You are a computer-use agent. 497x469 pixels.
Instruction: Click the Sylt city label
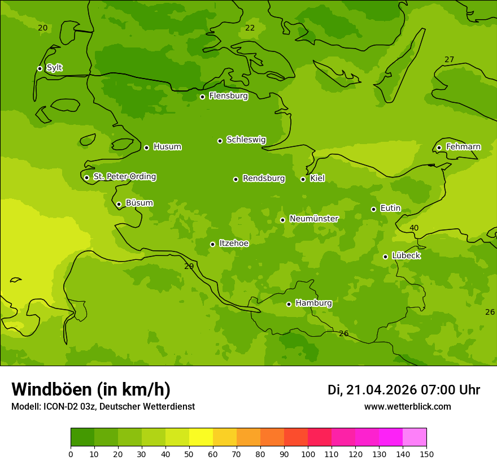(x=54, y=68)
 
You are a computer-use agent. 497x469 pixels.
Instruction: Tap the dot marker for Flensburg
(x=202, y=97)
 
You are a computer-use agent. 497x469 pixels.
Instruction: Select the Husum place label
(x=167, y=147)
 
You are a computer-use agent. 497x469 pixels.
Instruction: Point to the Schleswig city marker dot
(x=220, y=141)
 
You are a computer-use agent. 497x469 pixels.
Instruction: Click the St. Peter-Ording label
(x=124, y=177)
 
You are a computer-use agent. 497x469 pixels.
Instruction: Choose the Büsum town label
(x=139, y=203)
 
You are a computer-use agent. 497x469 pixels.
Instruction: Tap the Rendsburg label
(x=263, y=179)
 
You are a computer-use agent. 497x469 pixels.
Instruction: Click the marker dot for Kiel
(x=303, y=179)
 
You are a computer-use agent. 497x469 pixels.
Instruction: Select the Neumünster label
(x=313, y=219)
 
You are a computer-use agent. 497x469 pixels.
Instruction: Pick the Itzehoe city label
(x=234, y=244)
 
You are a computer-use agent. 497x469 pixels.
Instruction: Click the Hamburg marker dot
(x=289, y=304)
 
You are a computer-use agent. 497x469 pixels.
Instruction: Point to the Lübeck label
(x=406, y=256)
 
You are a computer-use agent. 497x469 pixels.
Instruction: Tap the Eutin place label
(x=390, y=209)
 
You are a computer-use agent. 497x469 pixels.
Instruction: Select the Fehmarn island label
(x=463, y=147)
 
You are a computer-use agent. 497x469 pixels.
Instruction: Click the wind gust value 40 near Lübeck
(x=414, y=228)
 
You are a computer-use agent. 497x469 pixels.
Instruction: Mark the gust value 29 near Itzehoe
(x=189, y=266)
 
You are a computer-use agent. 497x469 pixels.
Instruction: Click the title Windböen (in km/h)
(x=91, y=389)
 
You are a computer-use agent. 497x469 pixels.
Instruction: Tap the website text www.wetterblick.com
(x=407, y=406)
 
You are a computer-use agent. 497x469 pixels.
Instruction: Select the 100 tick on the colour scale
(x=308, y=454)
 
